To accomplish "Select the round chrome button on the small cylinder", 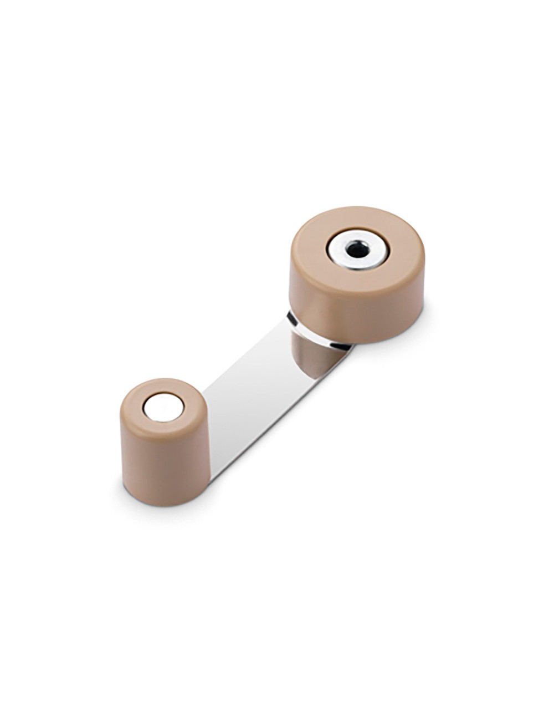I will pyautogui.click(x=163, y=408).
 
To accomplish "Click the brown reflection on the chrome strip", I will pyautogui.click(x=313, y=355).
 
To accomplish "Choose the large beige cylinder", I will pyautogui.click(x=357, y=277).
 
